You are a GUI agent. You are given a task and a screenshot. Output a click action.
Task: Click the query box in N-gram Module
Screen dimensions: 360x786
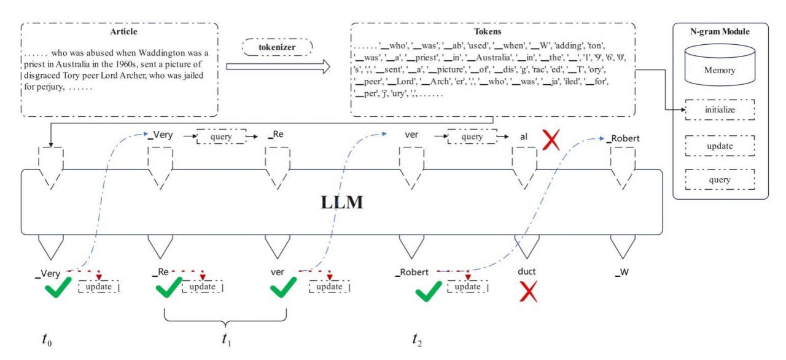pos(720,180)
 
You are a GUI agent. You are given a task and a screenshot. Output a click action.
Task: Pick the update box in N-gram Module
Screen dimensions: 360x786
pos(720,147)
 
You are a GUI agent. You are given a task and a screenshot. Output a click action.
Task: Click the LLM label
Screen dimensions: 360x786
pos(342,202)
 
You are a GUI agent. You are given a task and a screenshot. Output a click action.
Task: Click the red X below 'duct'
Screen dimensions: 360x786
pos(527,292)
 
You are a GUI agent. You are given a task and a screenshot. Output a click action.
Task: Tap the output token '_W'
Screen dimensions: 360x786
pos(621,272)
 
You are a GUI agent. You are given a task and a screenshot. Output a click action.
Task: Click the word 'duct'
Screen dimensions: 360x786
pos(526,272)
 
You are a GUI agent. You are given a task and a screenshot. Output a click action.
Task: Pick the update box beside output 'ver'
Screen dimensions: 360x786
pos(329,287)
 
